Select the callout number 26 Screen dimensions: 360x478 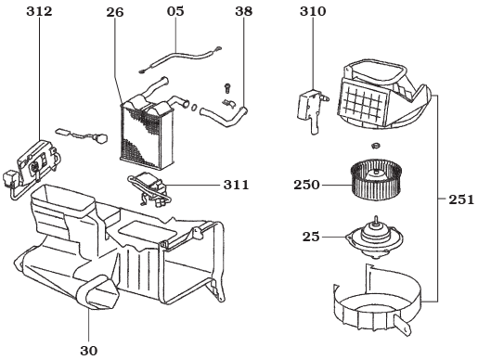coord(114,12)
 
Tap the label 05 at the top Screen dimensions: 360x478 coord(175,12)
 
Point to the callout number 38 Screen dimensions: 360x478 coord(243,12)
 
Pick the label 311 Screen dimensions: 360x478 coord(236,186)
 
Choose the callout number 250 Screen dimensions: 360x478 coord(306,185)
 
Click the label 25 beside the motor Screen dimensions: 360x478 coord(311,237)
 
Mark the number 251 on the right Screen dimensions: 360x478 coord(460,199)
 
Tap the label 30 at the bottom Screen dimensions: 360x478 coord(88,350)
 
